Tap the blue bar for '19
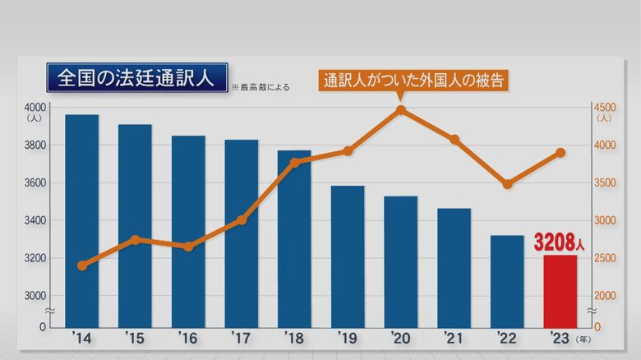[x=347, y=256]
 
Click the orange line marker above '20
[x=400, y=109]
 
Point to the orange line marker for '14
[x=81, y=265]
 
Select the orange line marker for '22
[x=507, y=184]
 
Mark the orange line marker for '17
[x=241, y=219]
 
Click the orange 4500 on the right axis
[x=604, y=108]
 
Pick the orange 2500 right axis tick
[x=604, y=258]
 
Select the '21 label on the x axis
[x=454, y=339]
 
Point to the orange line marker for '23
[x=560, y=153]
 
